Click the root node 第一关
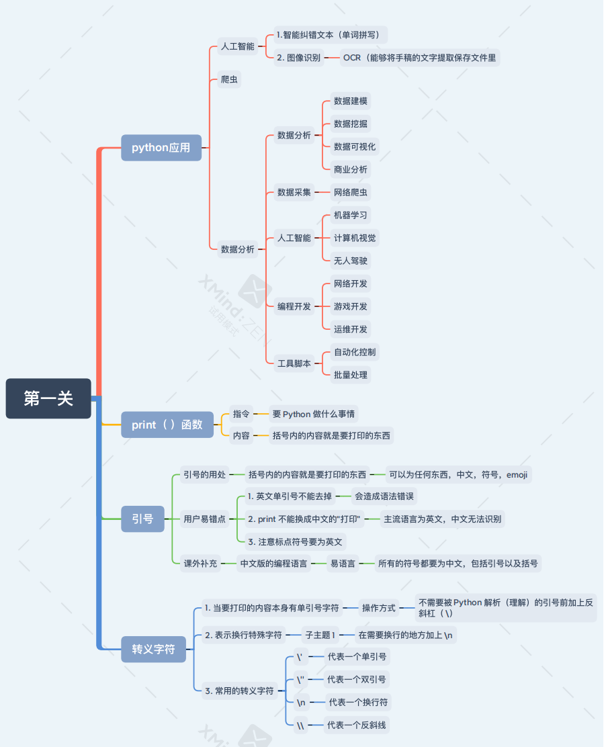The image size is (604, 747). click(48, 398)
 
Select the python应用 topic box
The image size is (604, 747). click(161, 148)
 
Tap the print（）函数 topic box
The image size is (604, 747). click(167, 425)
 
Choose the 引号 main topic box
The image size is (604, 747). click(142, 519)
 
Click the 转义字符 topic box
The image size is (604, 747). click(153, 649)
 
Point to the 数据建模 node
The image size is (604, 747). click(351, 101)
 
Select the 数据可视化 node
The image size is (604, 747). click(355, 146)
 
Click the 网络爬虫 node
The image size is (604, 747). click(351, 192)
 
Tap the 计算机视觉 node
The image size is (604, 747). click(355, 238)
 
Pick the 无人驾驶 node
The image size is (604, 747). click(351, 261)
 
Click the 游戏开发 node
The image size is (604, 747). click(351, 306)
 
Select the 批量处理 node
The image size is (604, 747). click(351, 375)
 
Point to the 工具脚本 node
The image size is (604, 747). click(294, 363)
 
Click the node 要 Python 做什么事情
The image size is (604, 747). click(314, 414)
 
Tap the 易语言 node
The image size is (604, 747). click(343, 564)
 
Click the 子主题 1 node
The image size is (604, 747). click(320, 635)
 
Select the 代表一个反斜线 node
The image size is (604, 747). click(357, 726)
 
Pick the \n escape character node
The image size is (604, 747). click(302, 703)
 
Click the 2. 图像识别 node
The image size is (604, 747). click(298, 58)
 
